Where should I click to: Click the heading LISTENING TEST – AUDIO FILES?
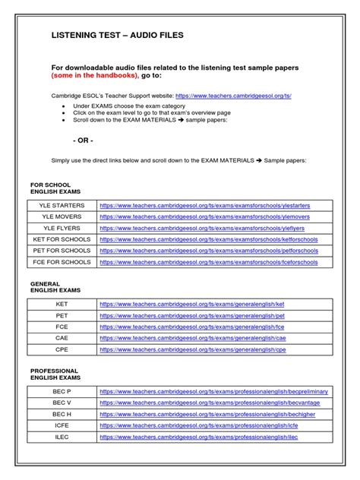pos(116,35)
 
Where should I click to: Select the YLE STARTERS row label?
pos(62,205)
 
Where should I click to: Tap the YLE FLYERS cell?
pos(62,228)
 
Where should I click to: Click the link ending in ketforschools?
pos(208,239)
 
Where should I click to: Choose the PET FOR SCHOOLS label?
pos(62,251)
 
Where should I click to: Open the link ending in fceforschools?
pos(208,262)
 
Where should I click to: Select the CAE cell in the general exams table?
pos(62,338)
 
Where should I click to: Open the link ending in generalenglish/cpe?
pos(192,349)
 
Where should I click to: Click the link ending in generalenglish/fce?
pos(192,327)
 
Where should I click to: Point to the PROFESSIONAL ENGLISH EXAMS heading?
pos(55,374)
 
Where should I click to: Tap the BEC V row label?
pos(62,403)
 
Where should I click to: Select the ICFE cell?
pos(62,425)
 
